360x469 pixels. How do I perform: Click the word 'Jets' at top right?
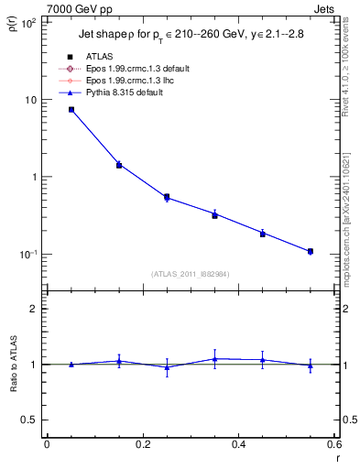tap(325, 7)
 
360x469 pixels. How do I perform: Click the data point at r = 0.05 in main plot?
tap(71, 110)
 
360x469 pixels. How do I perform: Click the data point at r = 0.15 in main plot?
tap(119, 165)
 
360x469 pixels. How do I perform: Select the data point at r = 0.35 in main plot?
tap(214, 214)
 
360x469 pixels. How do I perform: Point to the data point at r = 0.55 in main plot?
tap(311, 251)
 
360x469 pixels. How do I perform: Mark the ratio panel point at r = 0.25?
tap(167, 367)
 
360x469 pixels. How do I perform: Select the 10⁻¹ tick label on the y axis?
tap(27, 255)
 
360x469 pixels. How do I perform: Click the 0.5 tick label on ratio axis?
tap(29, 420)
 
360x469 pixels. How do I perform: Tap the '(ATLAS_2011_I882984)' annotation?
tap(191, 274)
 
